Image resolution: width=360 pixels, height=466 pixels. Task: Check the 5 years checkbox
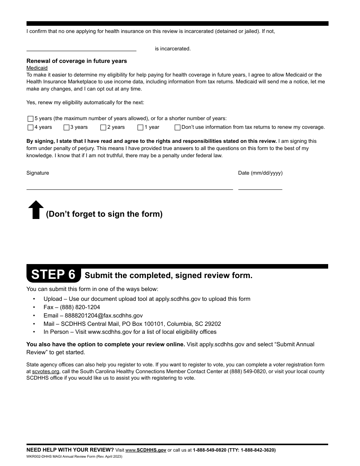click(30, 119)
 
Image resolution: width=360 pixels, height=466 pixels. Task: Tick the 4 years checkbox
click(30, 128)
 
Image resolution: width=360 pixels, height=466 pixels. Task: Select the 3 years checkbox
click(66, 128)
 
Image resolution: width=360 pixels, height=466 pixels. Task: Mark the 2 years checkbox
click(103, 128)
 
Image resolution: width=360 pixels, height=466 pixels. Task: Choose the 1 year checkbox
click(140, 128)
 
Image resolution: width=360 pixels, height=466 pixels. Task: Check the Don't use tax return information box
click(177, 128)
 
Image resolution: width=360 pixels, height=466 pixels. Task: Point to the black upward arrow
click(36, 210)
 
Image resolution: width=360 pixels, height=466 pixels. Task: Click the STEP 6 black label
click(53, 274)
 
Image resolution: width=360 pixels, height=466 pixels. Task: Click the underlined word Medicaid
click(37, 68)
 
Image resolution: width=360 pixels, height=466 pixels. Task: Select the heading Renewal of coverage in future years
click(77, 61)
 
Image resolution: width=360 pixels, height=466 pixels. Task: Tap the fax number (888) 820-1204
click(80, 307)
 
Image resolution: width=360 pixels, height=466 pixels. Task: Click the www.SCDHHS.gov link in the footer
click(146, 450)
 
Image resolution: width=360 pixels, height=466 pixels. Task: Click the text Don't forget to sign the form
click(104, 214)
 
